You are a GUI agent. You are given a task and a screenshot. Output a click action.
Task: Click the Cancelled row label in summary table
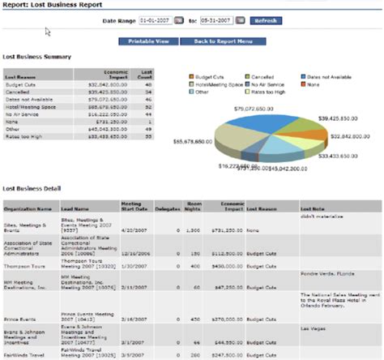tap(18, 92)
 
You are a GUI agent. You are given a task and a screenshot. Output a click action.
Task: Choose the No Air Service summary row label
tap(21, 114)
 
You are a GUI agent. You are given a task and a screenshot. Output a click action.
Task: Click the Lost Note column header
tap(313, 208)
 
